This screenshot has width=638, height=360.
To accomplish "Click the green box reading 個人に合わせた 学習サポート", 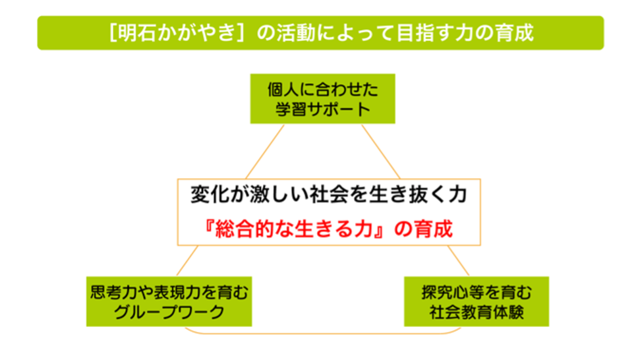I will [x=322, y=98].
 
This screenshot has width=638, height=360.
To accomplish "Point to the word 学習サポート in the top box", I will [x=322, y=109].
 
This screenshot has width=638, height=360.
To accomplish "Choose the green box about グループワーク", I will [x=170, y=301].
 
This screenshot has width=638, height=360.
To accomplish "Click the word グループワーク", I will [x=170, y=312].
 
